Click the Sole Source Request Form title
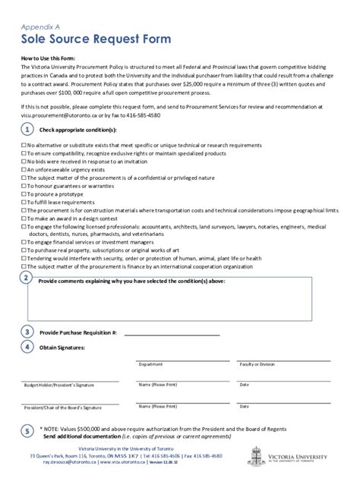pyautogui.click(x=96, y=38)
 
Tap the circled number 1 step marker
pyautogui.click(x=27, y=130)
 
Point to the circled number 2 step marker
pyautogui.click(x=27, y=278)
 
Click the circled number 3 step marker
pyautogui.click(x=27, y=332)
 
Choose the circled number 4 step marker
pyautogui.click(x=27, y=347)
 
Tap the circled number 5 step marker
pyautogui.click(x=27, y=431)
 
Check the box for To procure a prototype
pyautogui.click(x=24, y=195)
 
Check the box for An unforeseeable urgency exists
pyautogui.click(x=24, y=170)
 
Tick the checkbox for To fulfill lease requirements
pyautogui.click(x=24, y=203)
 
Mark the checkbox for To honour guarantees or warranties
pyautogui.click(x=24, y=187)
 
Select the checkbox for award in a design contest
pyautogui.click(x=24, y=219)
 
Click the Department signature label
pyautogui.click(x=150, y=364)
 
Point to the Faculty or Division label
pyautogui.click(x=257, y=364)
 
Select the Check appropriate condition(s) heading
pyautogui.click(x=72, y=130)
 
